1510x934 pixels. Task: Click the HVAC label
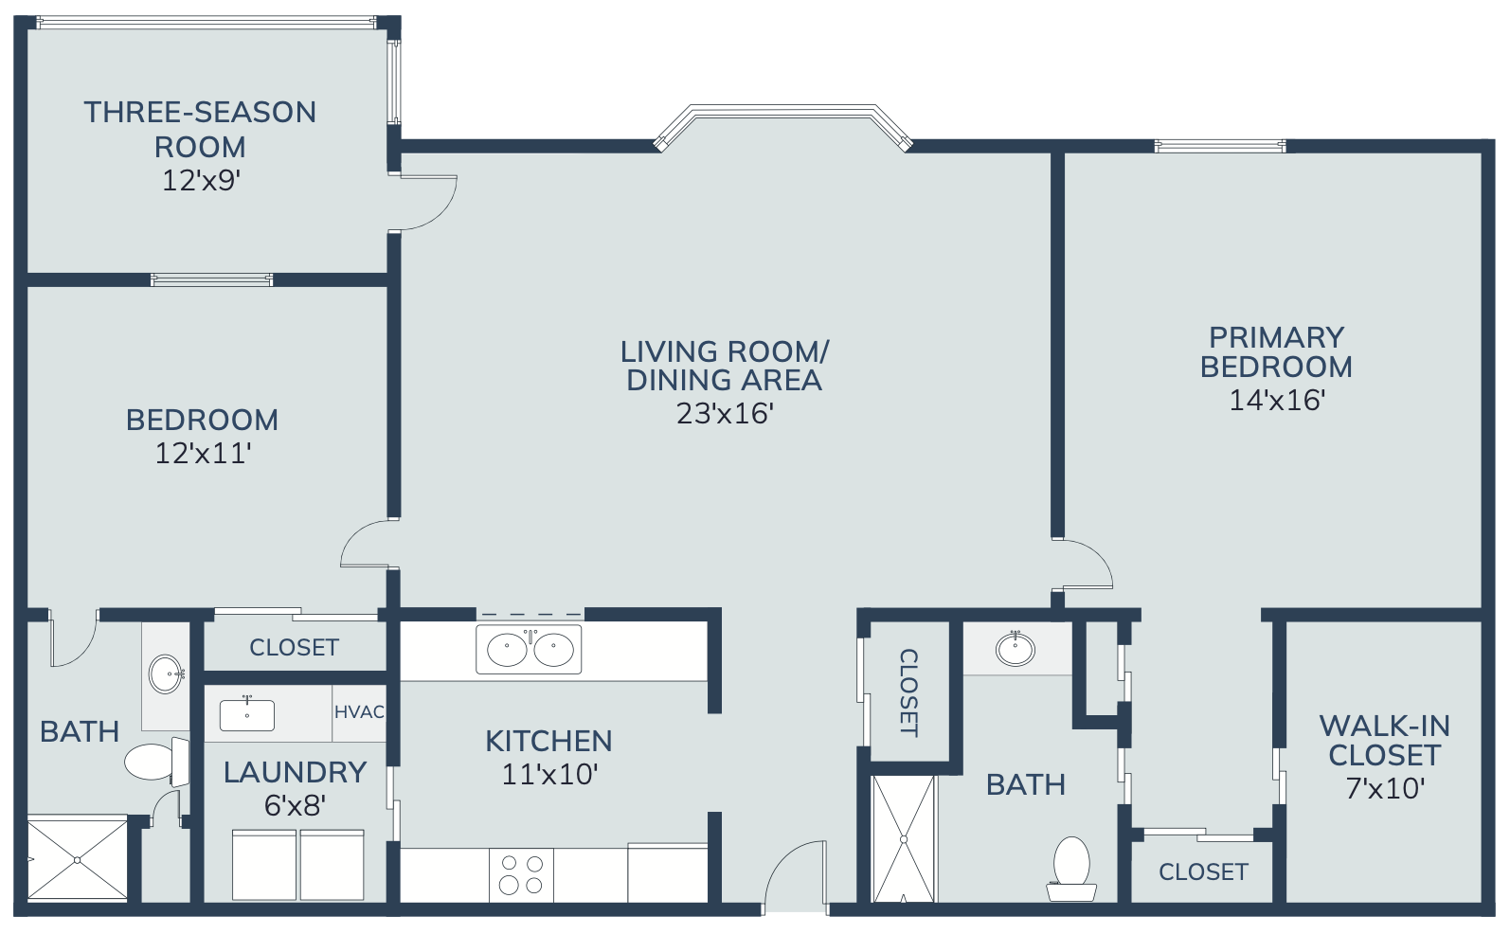pos(359,711)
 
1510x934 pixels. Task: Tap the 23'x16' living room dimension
pos(725,413)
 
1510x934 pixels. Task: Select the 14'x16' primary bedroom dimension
pos(1277,400)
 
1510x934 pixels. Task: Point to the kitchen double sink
pos(529,650)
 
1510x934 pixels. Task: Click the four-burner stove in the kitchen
pos(522,874)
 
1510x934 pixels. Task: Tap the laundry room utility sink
pos(246,714)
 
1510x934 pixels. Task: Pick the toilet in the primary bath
pos(1071,869)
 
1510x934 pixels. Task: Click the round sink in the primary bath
pos(1016,649)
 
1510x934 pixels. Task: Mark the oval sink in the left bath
pos(166,674)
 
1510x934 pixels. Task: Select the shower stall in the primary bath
pos(904,838)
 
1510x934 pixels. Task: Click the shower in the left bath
pos(77,859)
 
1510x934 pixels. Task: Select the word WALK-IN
pos(1385,727)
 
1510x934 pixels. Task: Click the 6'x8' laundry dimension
pos(296,805)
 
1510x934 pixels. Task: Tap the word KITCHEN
pos(548,742)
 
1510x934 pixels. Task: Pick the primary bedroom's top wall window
pos(1220,146)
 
